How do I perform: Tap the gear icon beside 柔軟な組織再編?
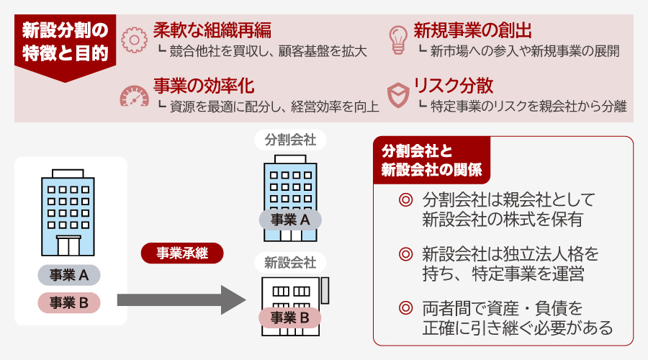click(x=134, y=40)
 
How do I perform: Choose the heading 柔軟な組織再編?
click(x=212, y=30)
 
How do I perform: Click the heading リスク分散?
click(x=453, y=86)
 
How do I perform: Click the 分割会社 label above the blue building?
click(x=290, y=140)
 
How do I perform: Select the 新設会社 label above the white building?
click(x=290, y=261)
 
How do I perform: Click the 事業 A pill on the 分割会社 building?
click(x=290, y=220)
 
